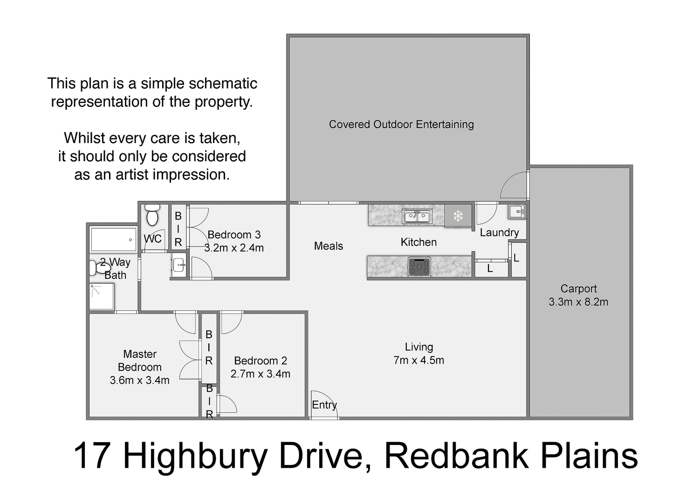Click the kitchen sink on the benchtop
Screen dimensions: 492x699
click(417, 216)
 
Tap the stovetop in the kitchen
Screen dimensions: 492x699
click(419, 267)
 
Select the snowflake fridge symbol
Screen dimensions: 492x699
click(458, 216)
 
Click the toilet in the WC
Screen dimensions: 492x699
click(152, 215)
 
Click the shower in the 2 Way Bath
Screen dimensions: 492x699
click(102, 296)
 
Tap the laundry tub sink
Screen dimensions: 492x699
click(516, 212)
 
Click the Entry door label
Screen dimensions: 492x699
click(324, 405)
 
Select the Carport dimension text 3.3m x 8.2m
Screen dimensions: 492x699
click(578, 302)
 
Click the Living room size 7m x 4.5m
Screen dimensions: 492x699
click(418, 360)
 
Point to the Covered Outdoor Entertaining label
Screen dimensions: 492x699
click(401, 124)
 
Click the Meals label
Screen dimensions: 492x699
click(329, 246)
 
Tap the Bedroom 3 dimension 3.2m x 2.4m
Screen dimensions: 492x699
click(234, 248)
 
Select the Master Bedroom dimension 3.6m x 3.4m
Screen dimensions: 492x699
click(139, 380)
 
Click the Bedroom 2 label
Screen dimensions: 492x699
click(260, 361)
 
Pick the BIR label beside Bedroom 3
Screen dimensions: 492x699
click(178, 229)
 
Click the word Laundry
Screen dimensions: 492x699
click(499, 232)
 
